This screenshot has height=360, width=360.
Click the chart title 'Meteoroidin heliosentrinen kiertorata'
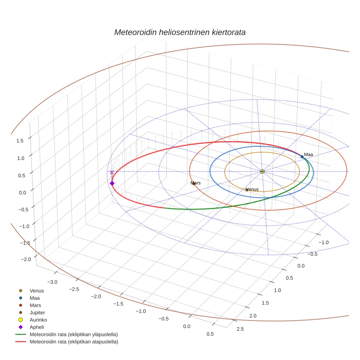tap(180, 32)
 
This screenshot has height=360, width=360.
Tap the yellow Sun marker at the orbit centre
tap(262, 171)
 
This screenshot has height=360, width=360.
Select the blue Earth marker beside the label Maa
tap(302, 157)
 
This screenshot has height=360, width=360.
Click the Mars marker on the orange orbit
tap(194, 184)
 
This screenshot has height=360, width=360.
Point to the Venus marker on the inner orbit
tap(247, 190)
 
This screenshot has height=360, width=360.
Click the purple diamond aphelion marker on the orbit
tap(112, 183)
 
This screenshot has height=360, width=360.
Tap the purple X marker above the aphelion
tap(112, 172)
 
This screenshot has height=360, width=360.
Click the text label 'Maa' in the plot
tap(309, 154)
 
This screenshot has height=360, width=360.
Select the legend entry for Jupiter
tap(37, 312)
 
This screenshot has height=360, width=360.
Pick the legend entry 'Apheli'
tap(37, 327)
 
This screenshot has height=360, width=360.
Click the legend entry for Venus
tap(37, 291)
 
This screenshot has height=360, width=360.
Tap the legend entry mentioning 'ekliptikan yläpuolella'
tap(74, 334)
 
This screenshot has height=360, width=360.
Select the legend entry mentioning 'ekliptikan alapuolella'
tap(74, 342)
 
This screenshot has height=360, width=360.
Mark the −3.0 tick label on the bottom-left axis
tap(53, 282)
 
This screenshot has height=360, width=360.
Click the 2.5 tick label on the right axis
tap(240, 329)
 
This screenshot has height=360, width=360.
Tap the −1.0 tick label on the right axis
tap(323, 242)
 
